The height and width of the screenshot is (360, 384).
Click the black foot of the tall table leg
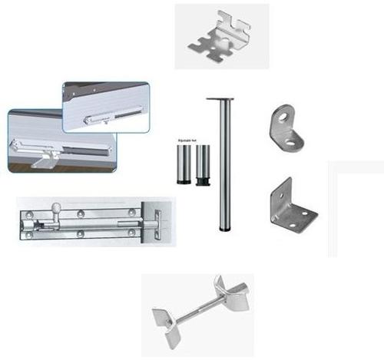[x=223, y=228]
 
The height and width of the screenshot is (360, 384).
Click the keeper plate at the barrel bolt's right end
[x=155, y=220]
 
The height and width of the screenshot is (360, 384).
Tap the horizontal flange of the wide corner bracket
[x=300, y=216]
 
